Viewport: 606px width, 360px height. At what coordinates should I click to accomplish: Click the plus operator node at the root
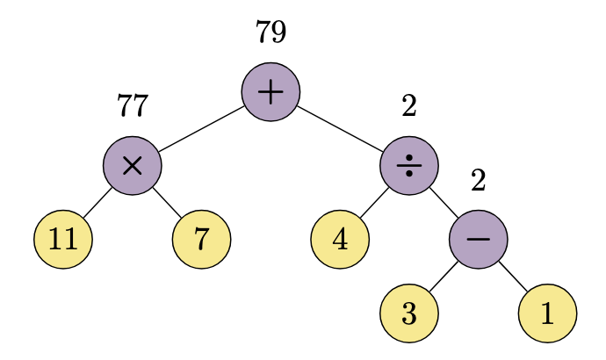(271, 91)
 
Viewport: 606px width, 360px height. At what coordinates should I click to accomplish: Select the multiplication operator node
(133, 165)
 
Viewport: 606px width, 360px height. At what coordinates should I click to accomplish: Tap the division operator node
(409, 165)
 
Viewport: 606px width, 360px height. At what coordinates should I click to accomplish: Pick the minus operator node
(479, 239)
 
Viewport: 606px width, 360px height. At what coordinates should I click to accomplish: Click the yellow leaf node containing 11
(63, 239)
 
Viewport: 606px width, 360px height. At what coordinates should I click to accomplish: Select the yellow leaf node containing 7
(202, 239)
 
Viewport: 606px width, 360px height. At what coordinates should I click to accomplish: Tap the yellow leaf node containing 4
(340, 239)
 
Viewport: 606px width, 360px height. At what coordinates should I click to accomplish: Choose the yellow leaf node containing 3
(409, 313)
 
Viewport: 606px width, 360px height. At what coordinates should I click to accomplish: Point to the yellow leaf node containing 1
(548, 313)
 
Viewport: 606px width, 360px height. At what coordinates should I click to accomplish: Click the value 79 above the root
(271, 32)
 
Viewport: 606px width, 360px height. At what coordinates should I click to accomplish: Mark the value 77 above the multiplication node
(133, 106)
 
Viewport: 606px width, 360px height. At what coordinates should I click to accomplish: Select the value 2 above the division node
(409, 106)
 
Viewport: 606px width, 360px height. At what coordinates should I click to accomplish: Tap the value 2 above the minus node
(479, 181)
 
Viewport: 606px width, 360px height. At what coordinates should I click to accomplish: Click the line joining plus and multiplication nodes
(201, 128)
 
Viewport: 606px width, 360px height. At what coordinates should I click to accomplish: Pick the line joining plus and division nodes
(340, 128)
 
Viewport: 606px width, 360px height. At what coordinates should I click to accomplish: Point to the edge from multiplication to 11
(97, 202)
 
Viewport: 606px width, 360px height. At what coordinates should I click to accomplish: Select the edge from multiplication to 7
(167, 202)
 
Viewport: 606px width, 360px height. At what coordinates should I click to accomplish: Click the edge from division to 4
(375, 202)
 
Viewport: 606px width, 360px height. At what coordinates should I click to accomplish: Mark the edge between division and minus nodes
(444, 202)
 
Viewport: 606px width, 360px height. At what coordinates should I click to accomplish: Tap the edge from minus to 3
(444, 276)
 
